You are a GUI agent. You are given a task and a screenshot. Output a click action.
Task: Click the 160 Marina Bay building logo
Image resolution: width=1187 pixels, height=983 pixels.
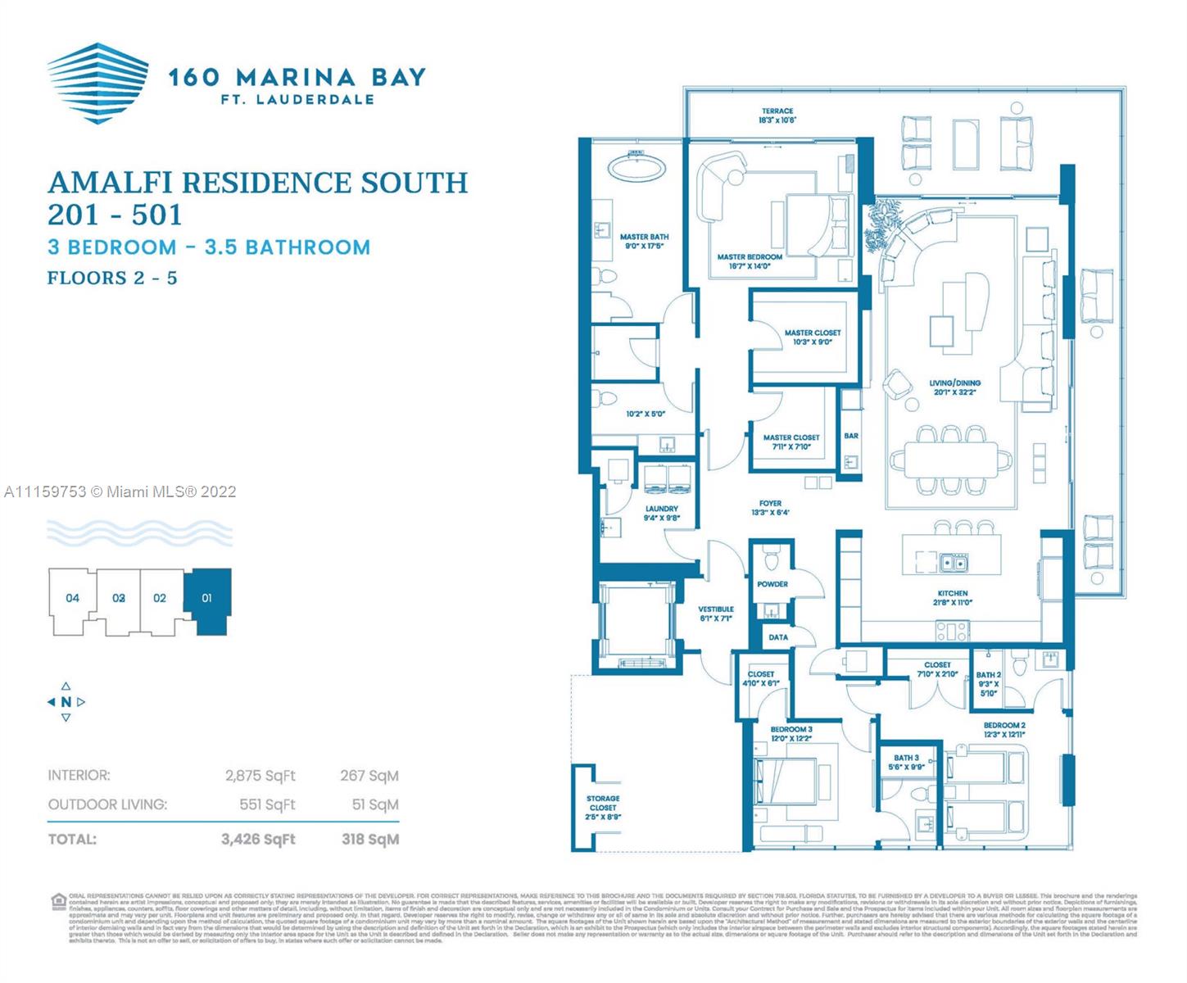[97, 83]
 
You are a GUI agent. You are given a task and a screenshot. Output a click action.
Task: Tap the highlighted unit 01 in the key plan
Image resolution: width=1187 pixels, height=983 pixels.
[206, 599]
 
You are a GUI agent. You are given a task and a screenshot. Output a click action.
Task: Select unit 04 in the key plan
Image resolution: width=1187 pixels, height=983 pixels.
[73, 598]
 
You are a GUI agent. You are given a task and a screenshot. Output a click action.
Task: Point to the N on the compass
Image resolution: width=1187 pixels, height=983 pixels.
[66, 702]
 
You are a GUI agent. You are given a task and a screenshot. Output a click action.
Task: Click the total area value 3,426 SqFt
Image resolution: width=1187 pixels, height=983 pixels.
[258, 839]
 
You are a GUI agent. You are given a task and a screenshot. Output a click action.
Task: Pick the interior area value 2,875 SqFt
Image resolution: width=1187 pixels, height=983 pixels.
[260, 775]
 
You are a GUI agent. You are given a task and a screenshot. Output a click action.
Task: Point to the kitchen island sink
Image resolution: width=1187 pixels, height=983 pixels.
[953, 563]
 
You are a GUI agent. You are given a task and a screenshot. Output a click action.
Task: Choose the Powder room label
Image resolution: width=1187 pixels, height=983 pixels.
[772, 584]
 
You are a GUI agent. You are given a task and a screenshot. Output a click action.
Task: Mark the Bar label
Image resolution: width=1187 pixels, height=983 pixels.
[851, 436]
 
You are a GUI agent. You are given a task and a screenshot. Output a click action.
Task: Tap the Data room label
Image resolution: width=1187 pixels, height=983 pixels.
[778, 637]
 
